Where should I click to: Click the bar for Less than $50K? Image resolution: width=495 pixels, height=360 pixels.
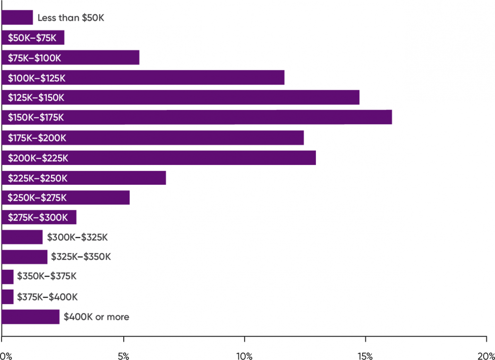(x=17, y=17)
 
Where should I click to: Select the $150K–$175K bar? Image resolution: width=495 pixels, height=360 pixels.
(x=196, y=117)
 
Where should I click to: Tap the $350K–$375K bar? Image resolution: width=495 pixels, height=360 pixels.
(x=8, y=276)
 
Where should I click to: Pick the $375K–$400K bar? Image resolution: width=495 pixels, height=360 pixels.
(x=8, y=297)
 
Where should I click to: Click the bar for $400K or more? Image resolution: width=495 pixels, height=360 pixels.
(x=31, y=317)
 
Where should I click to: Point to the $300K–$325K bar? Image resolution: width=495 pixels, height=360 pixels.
(x=22, y=237)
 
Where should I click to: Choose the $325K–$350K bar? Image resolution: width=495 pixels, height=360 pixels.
(x=25, y=257)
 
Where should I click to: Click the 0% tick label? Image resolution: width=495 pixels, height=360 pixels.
(x=5, y=355)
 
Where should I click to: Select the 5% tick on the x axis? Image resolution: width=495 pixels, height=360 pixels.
(x=123, y=355)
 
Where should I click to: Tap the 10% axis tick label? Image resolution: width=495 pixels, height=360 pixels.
(x=244, y=355)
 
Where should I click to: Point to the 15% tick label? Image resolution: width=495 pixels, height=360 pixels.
(x=365, y=355)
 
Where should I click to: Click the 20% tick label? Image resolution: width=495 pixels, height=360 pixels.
(x=486, y=355)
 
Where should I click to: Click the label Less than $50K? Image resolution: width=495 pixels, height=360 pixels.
(x=70, y=18)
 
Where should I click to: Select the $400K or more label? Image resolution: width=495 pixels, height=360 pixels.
(x=96, y=317)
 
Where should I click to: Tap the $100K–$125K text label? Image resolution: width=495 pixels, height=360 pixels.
(x=36, y=78)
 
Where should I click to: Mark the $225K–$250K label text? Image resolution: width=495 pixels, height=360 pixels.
(x=38, y=178)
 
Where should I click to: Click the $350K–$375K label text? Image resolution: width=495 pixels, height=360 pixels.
(x=47, y=276)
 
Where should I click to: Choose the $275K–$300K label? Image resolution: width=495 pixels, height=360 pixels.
(x=38, y=218)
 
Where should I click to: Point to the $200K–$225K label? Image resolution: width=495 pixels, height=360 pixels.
(x=38, y=158)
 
